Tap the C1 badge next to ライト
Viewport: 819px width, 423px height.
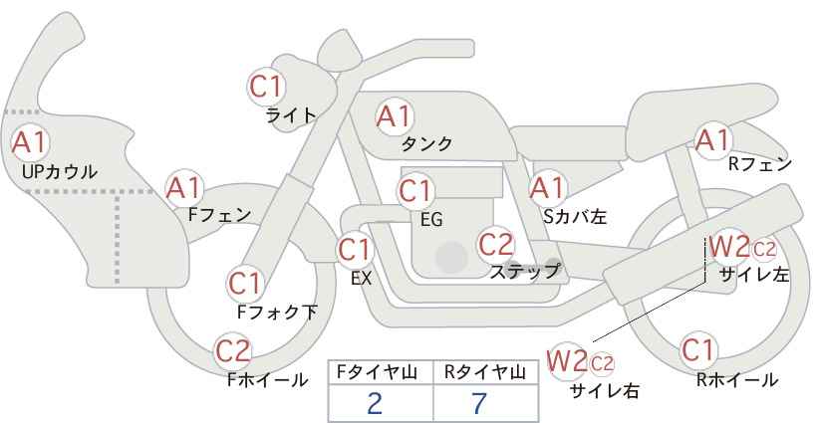click(x=266, y=86)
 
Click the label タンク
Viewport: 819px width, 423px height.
click(x=426, y=143)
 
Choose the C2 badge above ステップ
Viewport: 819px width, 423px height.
click(x=495, y=243)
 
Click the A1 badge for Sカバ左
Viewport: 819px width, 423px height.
click(x=546, y=187)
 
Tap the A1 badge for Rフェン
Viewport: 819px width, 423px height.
click(x=712, y=140)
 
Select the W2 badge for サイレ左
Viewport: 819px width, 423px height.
click(x=728, y=246)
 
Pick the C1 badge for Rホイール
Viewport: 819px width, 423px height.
click(x=697, y=350)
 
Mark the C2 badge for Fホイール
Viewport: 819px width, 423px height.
click(x=233, y=350)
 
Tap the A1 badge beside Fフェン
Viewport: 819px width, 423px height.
click(x=184, y=186)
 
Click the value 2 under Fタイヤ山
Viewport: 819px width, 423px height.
click(x=375, y=403)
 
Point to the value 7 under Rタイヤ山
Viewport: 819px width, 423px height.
click(x=480, y=403)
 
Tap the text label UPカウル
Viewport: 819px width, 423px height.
click(x=59, y=171)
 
